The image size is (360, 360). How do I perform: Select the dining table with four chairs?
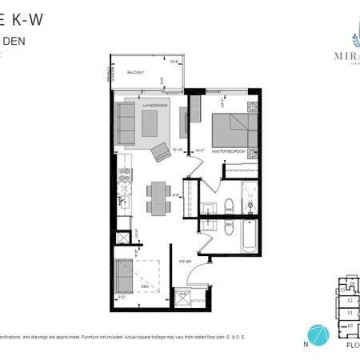[x=158, y=197]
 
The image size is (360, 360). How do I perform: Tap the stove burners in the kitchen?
[x=124, y=174]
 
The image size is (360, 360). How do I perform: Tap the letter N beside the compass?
[x=304, y=345]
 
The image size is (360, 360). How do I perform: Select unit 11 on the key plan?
[x=349, y=312]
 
